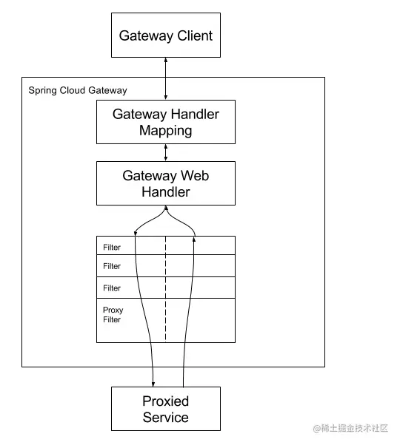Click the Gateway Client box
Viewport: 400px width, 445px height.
coord(166,35)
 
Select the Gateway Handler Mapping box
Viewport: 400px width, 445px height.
coord(166,122)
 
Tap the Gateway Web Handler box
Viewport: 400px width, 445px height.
coord(166,183)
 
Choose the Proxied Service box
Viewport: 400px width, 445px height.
coord(166,409)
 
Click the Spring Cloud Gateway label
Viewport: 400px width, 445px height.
coord(78,90)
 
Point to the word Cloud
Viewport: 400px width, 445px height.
coord(72,90)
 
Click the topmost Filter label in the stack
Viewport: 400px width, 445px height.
coord(112,248)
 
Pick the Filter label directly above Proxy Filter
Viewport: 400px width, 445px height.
coord(112,288)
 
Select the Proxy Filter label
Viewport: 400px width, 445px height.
coord(113,315)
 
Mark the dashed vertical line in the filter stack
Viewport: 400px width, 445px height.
coord(165,289)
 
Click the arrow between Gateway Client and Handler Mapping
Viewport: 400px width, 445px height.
coord(166,78)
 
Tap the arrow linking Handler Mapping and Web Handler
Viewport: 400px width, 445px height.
coord(166,153)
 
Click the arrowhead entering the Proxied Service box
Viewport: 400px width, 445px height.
coord(153,384)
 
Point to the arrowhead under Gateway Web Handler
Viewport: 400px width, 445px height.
coord(166,208)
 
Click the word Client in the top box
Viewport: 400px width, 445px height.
coord(195,35)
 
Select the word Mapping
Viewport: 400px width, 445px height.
coord(166,131)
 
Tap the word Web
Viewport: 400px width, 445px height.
coord(195,175)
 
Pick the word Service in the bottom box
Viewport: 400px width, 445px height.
coord(166,418)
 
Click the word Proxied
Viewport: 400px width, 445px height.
coord(166,401)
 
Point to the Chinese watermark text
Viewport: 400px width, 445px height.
coord(350,428)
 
